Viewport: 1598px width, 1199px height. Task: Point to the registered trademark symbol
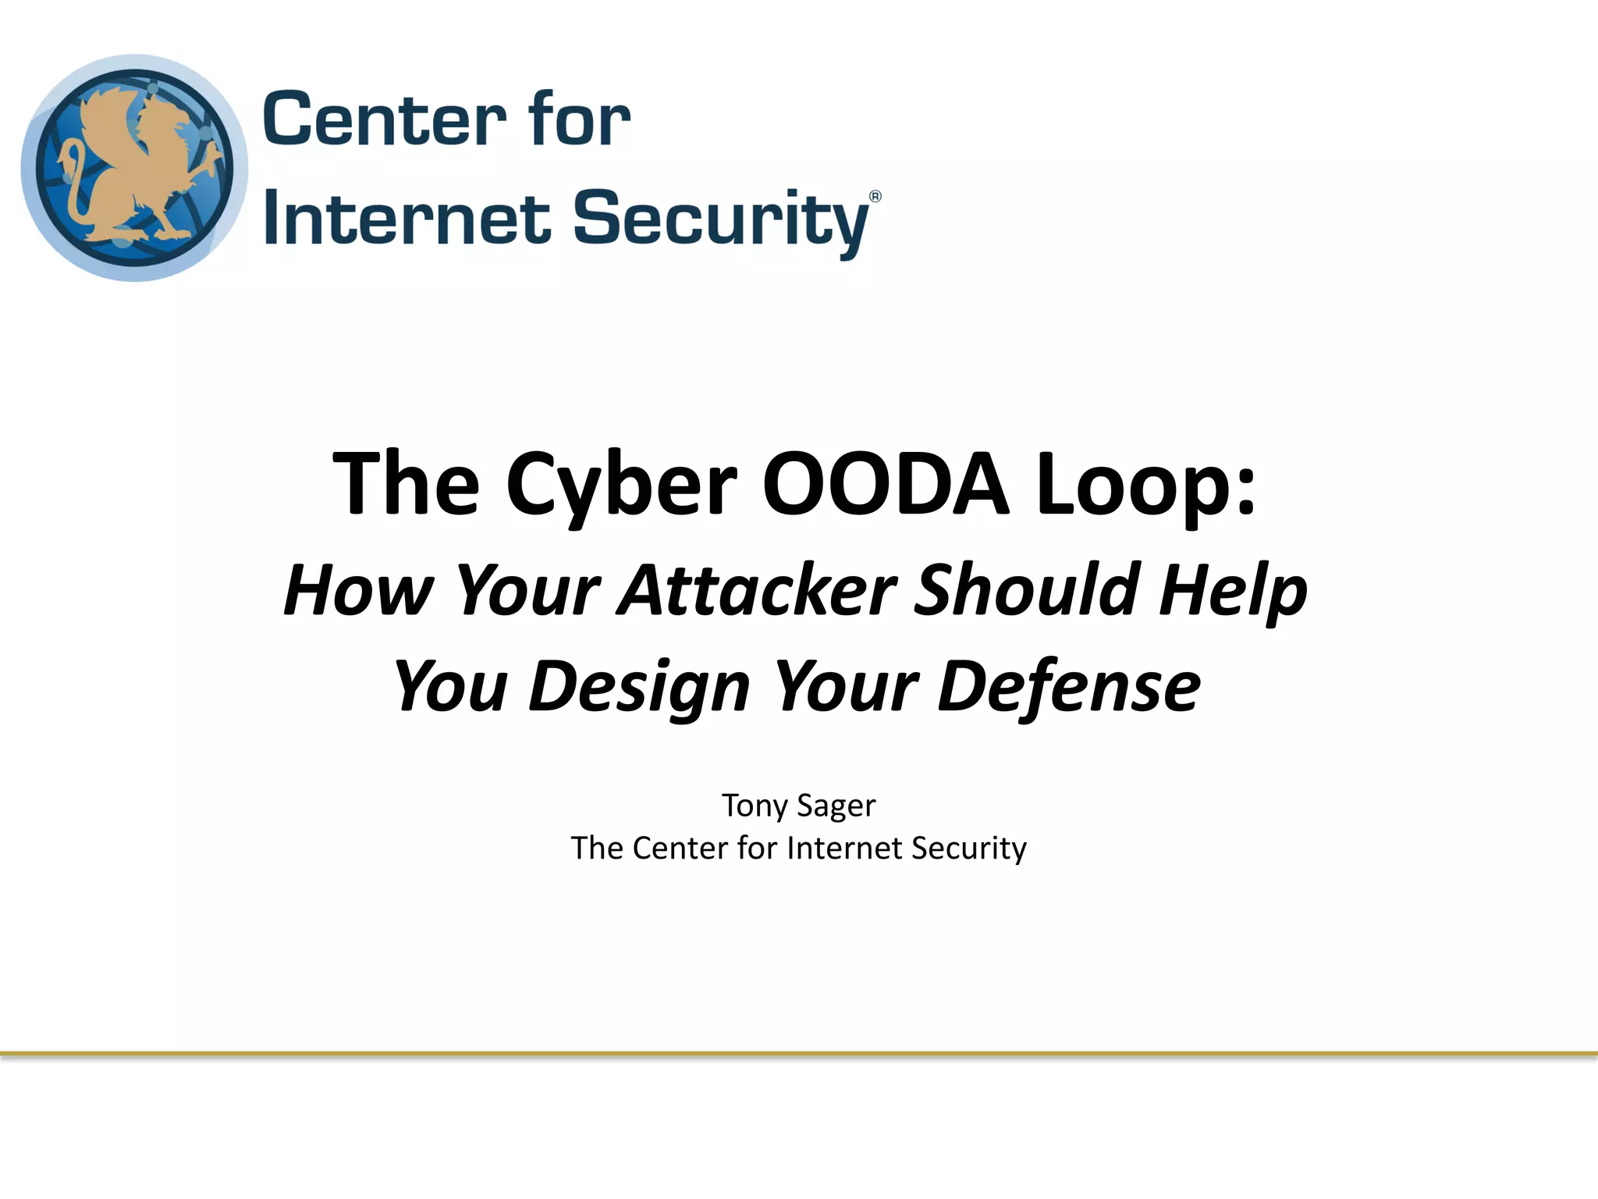coord(875,197)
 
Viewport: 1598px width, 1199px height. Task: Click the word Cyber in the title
coord(621,486)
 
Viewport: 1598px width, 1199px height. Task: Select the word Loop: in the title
coord(1146,486)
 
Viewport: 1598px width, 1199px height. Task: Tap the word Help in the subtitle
coord(1233,592)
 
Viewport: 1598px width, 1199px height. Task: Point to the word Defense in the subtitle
coord(1069,687)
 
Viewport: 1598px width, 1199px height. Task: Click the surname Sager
coord(836,806)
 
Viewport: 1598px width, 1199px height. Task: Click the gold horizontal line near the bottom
coord(799,1054)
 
